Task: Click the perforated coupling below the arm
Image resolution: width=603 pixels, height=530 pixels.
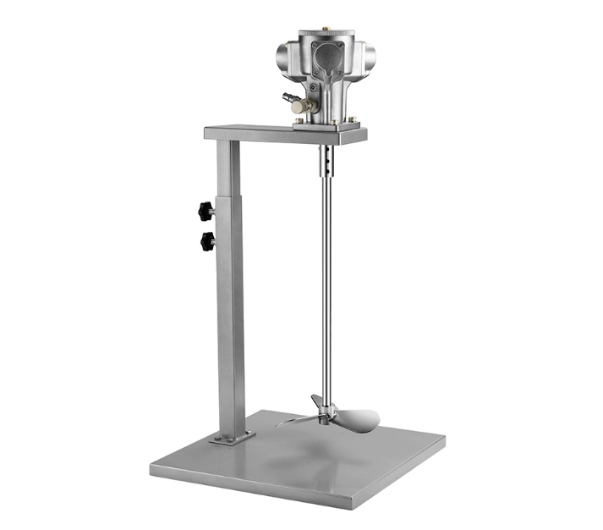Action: pos(326,158)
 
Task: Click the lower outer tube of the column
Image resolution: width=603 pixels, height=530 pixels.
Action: pos(230,322)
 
